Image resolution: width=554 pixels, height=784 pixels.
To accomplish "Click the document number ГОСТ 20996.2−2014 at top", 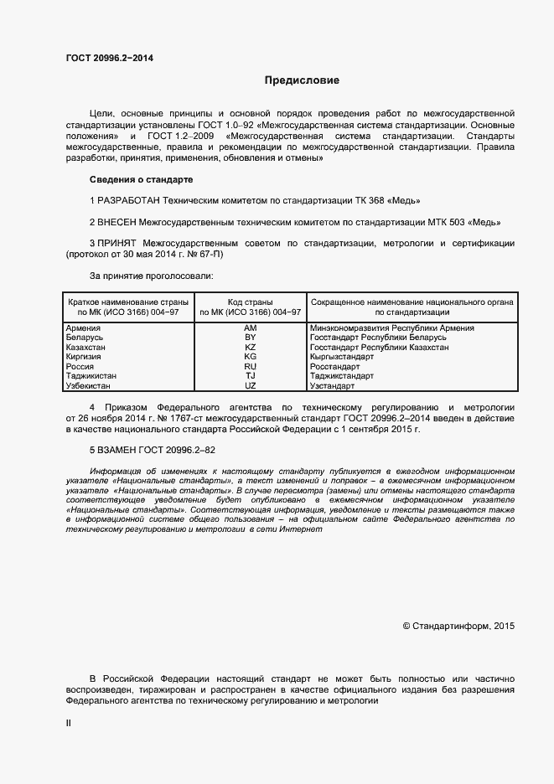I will pos(110,58).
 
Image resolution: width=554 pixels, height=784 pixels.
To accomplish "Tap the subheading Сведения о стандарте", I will pos(141,179).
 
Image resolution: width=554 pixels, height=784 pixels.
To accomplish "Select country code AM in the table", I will pos(250,328).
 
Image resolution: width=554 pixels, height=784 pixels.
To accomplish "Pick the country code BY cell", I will pos(250,338).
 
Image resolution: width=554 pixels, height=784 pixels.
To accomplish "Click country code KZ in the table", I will pos(250,347).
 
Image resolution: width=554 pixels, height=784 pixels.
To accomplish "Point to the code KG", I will pos(250,357).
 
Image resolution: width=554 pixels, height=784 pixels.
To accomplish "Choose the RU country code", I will pos(250,366).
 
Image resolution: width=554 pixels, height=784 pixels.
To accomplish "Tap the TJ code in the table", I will pos(250,376).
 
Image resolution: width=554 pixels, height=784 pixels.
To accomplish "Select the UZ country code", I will pos(250,385).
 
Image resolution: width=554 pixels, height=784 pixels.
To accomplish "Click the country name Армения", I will pos(84,328).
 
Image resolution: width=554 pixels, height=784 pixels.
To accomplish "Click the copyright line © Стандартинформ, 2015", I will pos(459,626).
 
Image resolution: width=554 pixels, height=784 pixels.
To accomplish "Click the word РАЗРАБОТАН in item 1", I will pos(128,201).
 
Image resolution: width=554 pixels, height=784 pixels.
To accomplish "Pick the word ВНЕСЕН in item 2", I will pos(116,222).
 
